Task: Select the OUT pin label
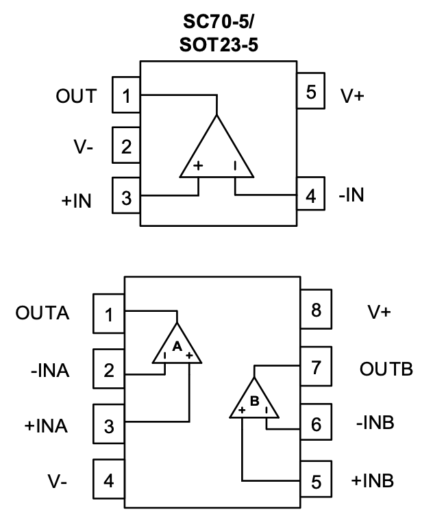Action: (76, 97)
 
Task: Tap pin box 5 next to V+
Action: (312, 92)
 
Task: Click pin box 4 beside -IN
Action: (312, 196)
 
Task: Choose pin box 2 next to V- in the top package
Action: (126, 146)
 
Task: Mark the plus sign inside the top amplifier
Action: (199, 166)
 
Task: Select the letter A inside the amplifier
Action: (177, 347)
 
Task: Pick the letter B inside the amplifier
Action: (253, 402)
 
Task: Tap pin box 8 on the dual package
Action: (316, 310)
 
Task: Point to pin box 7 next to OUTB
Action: (316, 367)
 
